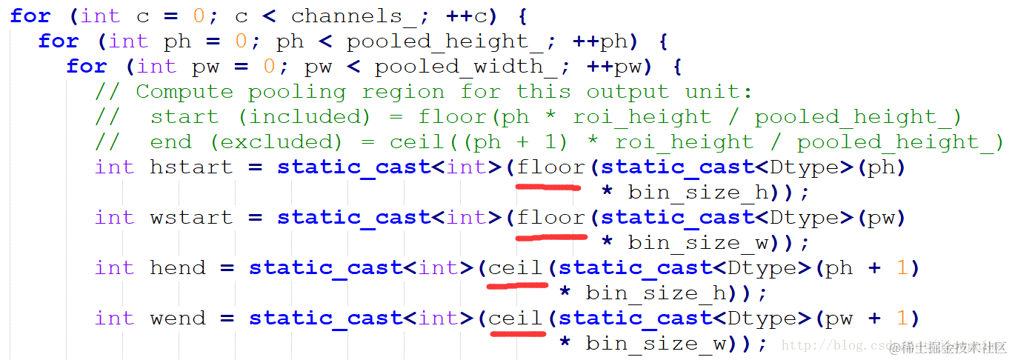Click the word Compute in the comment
[x=184, y=92]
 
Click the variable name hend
[x=177, y=268]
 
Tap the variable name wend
[x=177, y=319]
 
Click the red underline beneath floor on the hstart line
[x=548, y=187]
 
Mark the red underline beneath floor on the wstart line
[x=551, y=238]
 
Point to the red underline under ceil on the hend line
[x=518, y=284]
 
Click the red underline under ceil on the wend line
[x=518, y=333]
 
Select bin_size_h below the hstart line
[x=699, y=193]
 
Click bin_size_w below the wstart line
[x=699, y=243]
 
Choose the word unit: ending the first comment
[x=718, y=92]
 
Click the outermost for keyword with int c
[x=30, y=16]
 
